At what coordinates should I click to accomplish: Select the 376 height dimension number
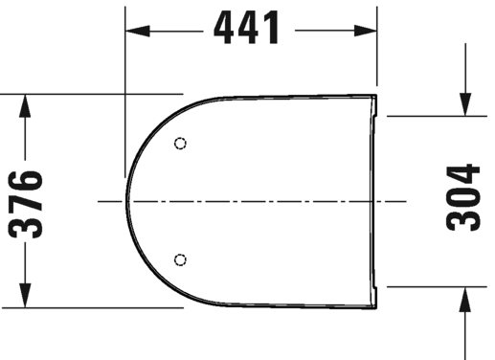pyautogui.click(x=32, y=203)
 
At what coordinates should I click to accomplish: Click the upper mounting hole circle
pyautogui.click(x=182, y=144)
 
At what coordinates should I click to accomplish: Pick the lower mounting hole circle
pyautogui.click(x=182, y=259)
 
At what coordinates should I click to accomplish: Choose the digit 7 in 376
pyautogui.click(x=32, y=203)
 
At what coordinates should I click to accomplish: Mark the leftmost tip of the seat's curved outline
pyautogui.click(x=127, y=202)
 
